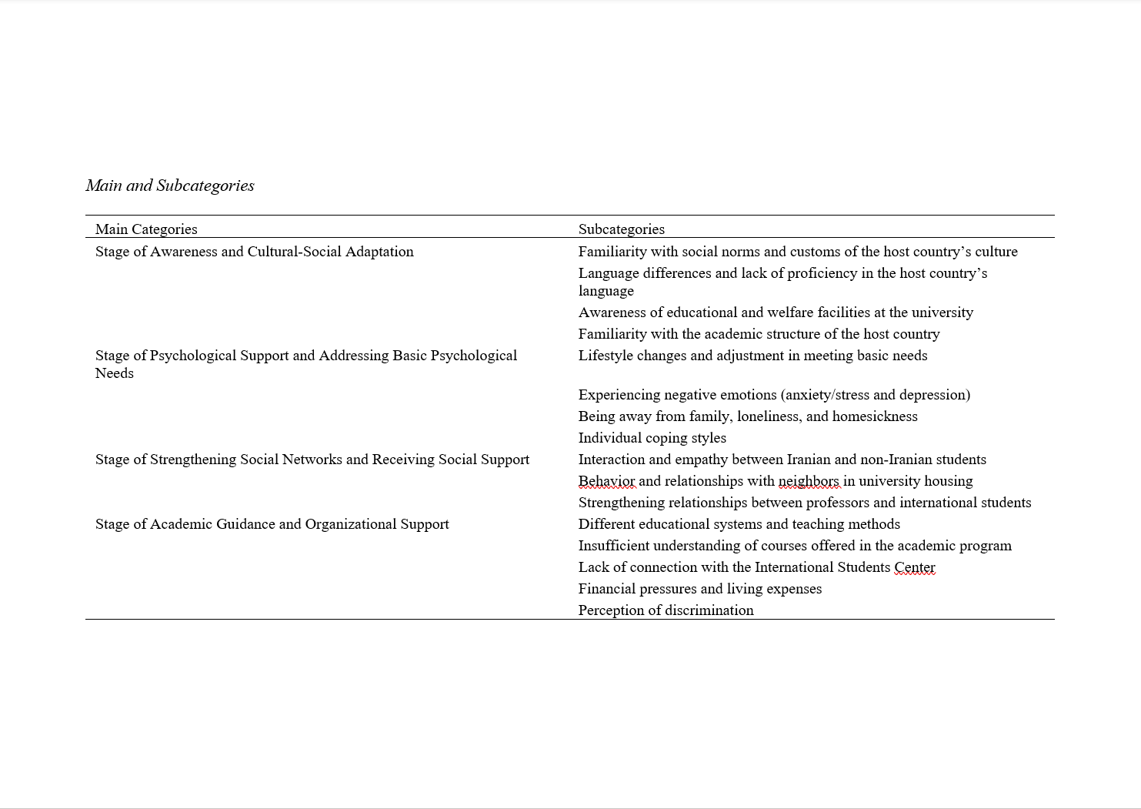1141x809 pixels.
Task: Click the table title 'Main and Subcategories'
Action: pos(170,186)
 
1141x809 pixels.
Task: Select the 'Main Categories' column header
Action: pos(146,229)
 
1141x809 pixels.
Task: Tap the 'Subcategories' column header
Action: pos(621,229)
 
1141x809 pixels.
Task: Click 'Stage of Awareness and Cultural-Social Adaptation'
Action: pos(254,252)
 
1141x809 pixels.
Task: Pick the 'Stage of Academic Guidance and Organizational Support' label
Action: pos(272,524)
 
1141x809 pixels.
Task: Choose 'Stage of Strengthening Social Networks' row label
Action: pos(312,460)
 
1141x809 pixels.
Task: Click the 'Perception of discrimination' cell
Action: pos(666,610)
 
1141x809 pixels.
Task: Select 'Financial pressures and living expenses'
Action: pos(699,589)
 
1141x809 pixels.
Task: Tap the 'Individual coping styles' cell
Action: pos(652,438)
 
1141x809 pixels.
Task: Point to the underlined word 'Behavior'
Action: pos(607,481)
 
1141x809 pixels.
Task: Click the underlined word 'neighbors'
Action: pos(809,481)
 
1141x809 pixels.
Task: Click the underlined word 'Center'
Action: pos(914,567)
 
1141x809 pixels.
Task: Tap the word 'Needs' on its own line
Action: pos(114,373)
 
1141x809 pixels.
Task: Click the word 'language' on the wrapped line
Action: pos(606,291)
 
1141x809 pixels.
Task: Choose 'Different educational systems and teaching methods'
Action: pos(739,524)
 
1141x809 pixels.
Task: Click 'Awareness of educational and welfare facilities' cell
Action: pos(776,313)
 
